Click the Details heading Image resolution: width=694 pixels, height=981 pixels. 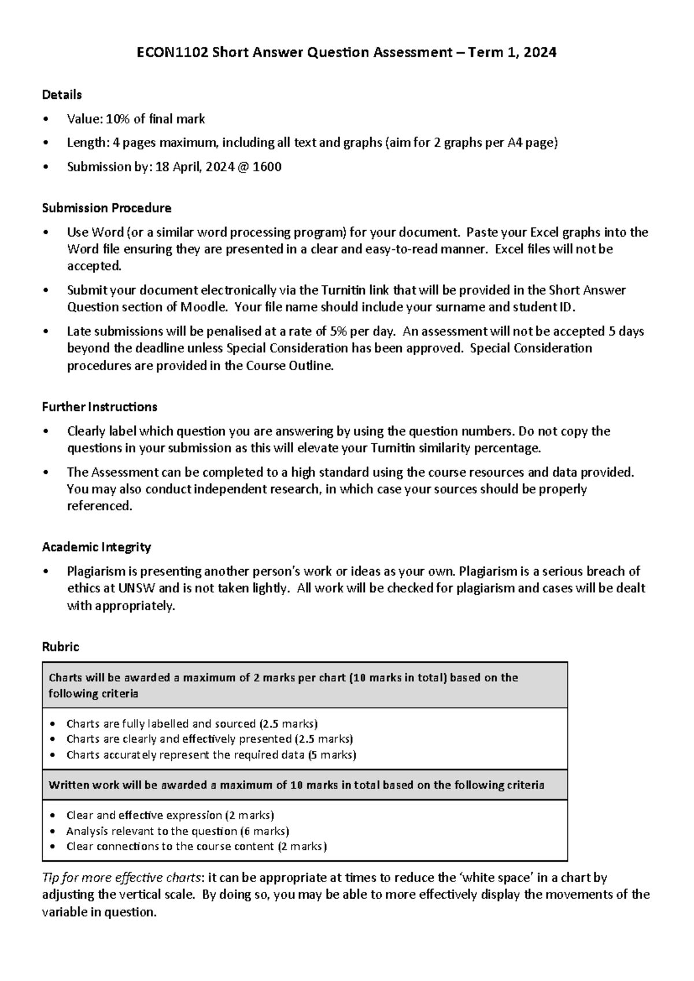62,94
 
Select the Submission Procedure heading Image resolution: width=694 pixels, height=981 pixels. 106,208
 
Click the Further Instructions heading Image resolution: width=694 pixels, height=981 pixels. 99,407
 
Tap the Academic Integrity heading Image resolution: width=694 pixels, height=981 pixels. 97,547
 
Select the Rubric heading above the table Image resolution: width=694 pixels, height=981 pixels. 60,647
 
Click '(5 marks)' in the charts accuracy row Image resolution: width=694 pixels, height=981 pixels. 332,755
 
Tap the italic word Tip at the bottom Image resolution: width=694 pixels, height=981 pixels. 51,877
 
